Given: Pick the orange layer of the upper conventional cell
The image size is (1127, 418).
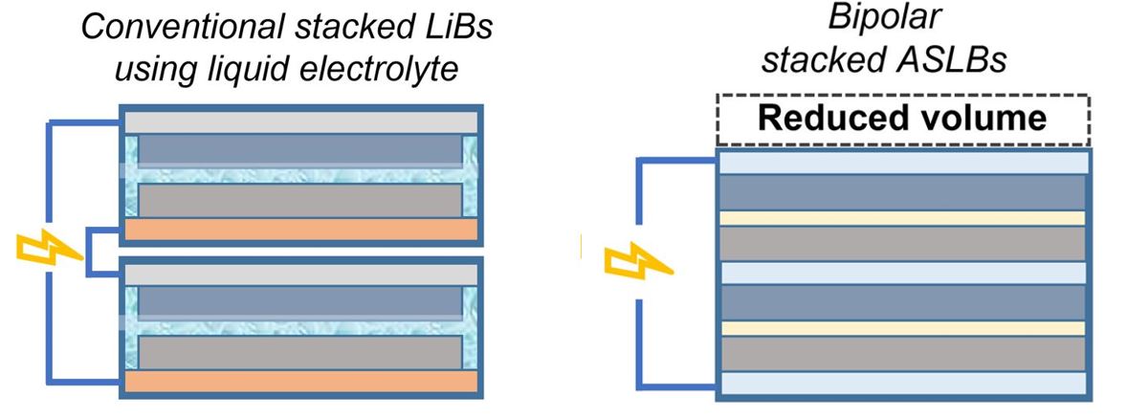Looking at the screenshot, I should pyautogui.click(x=299, y=231).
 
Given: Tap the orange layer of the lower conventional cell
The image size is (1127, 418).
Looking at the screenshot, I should pyautogui.click(x=299, y=381).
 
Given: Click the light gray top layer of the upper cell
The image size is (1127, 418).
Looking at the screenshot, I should pyautogui.click(x=299, y=121).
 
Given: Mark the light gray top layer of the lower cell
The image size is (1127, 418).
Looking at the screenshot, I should pyautogui.click(x=299, y=274).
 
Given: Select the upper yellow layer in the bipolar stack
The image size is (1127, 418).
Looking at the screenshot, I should pyautogui.click(x=903, y=218).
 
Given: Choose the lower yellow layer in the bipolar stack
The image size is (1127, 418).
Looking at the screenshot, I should pyautogui.click(x=903, y=328).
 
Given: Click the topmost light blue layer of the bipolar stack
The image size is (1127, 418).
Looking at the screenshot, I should pyautogui.click(x=903, y=164).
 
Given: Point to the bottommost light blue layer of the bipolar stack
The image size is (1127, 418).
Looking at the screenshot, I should pyautogui.click(x=903, y=383).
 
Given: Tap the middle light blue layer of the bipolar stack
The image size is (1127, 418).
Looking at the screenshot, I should pyautogui.click(x=903, y=273).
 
